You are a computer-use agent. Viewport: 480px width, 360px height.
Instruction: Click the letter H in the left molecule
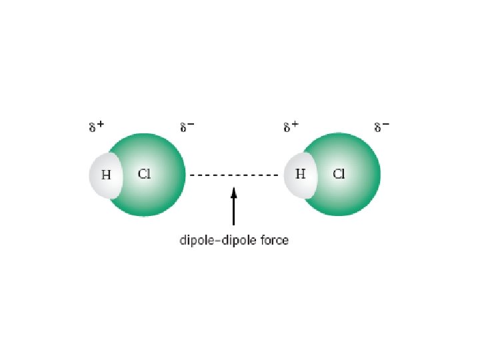105,176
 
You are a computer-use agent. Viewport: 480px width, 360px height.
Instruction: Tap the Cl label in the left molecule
145,175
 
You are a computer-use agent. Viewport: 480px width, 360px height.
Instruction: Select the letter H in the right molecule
300,175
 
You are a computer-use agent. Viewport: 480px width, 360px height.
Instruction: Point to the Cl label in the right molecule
339,175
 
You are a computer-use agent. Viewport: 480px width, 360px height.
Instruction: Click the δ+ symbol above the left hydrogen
97,127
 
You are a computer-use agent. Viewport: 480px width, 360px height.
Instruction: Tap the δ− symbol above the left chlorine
187,127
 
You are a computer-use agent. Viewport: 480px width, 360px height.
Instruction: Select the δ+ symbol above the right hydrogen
291,127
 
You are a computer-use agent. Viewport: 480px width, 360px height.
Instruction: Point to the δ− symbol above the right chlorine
381,127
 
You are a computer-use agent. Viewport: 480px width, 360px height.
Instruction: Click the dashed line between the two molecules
233,175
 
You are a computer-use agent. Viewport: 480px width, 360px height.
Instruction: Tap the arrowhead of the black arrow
233,193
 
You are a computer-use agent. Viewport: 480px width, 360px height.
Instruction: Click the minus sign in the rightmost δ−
386,125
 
